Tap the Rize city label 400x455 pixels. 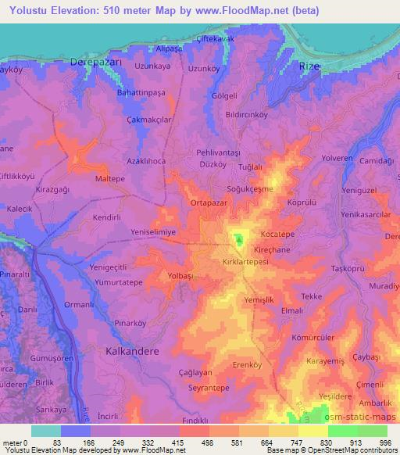pyautogui.click(x=309, y=67)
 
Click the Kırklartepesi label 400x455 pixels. pyautogui.click(x=245, y=263)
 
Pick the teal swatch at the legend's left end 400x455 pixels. pyautogui.click(x=46, y=431)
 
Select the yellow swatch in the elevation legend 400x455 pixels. pyautogui.click(x=313, y=431)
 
